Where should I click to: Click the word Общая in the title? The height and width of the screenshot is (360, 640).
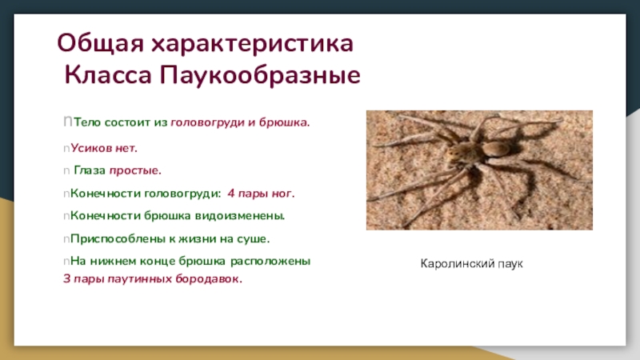coord(101,43)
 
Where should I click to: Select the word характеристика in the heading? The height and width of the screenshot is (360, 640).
coord(253,43)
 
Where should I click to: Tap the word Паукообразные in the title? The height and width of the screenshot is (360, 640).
coord(260,75)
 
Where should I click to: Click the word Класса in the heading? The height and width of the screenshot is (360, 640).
coord(108,75)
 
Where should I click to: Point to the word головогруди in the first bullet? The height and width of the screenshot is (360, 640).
coord(207,122)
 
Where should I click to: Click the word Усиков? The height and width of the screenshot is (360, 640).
coord(91,148)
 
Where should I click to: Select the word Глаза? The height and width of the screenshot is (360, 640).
coord(90,170)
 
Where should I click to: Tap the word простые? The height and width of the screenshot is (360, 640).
coord(135,170)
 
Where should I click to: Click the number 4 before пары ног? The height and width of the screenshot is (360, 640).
coord(231,193)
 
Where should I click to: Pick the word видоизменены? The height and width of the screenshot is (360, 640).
coord(240,215)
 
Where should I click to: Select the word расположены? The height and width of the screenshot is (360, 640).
coord(270,262)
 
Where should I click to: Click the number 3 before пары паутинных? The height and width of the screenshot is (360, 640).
coord(67,278)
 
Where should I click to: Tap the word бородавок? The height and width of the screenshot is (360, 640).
coord(209,278)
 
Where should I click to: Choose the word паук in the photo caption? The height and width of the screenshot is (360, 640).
coord(510,264)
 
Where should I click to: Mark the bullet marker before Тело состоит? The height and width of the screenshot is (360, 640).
coord(68,122)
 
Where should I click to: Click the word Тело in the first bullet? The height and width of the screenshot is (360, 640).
coord(87,122)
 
